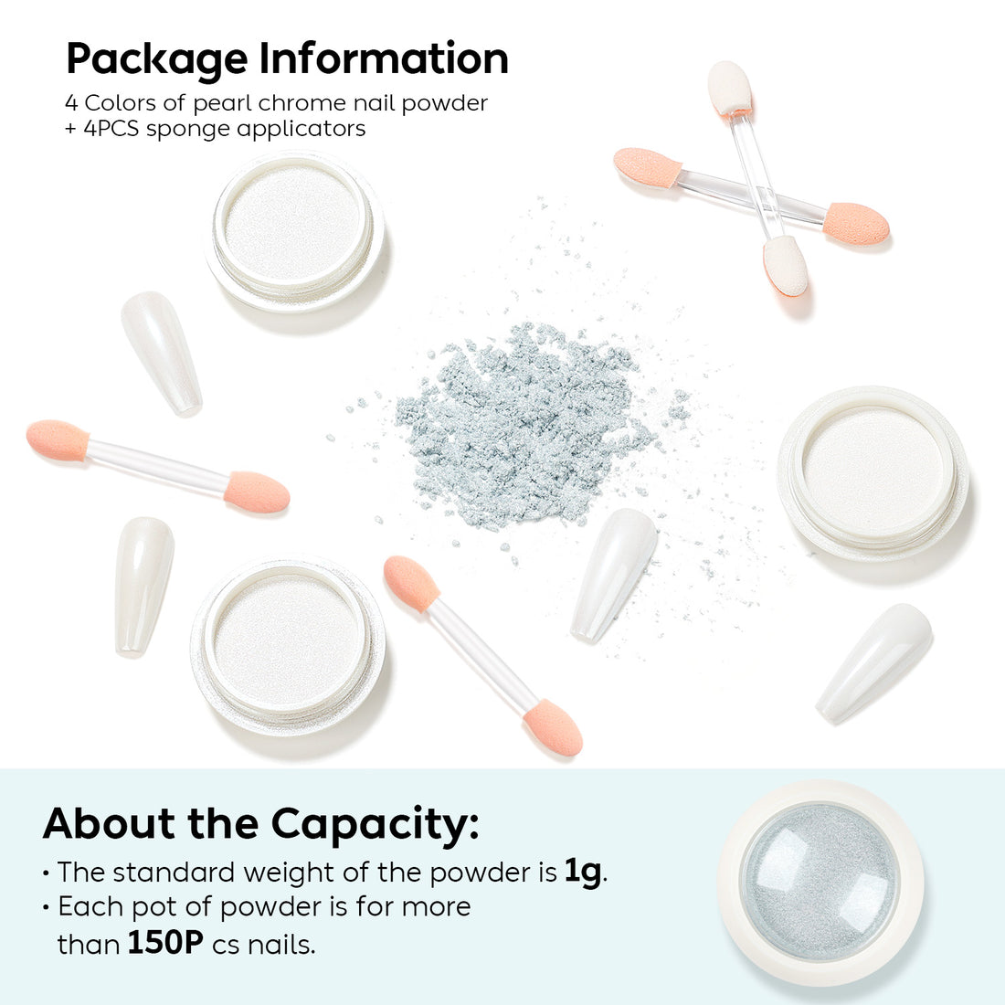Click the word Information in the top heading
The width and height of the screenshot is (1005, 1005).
[x=384, y=58]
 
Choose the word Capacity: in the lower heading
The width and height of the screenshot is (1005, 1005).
[x=375, y=824]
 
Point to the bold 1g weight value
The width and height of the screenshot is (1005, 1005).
[x=583, y=872]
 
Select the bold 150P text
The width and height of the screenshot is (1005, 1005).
[x=164, y=942]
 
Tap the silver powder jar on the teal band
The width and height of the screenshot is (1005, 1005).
[x=820, y=881]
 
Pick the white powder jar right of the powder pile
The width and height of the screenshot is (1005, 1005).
[x=873, y=470]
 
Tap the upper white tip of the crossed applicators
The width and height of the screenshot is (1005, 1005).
[x=729, y=88]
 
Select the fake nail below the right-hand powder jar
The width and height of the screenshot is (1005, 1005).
[x=874, y=661]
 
